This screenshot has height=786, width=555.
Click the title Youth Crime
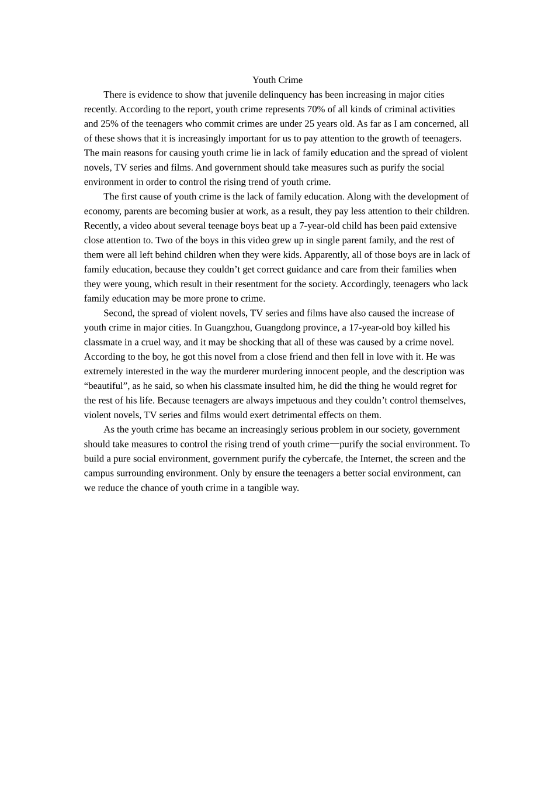[x=277, y=80]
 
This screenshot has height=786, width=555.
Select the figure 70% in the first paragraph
[x=317, y=109]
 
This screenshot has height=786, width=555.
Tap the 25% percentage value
[x=109, y=124]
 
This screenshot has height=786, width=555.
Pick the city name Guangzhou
[x=228, y=327]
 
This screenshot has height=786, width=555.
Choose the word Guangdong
[x=277, y=327]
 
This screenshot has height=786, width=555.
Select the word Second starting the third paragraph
[x=118, y=313]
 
